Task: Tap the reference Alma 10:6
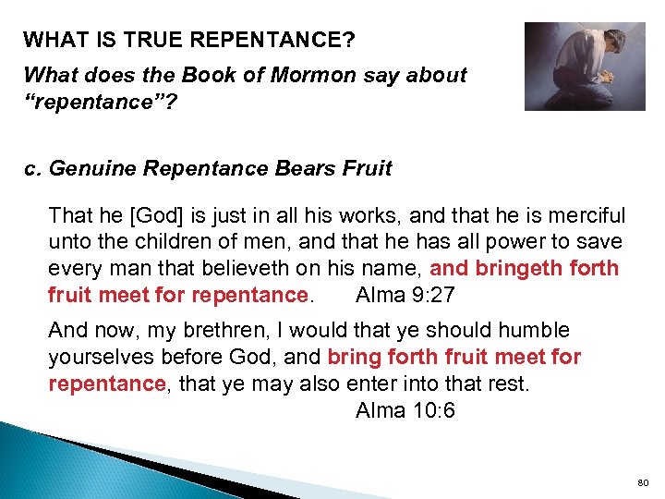pyautogui.click(x=405, y=410)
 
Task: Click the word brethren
pyautogui.click(x=190, y=330)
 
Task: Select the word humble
pyautogui.click(x=531, y=330)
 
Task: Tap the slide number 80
pyautogui.click(x=643, y=483)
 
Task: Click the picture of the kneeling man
pyautogui.click(x=585, y=67)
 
